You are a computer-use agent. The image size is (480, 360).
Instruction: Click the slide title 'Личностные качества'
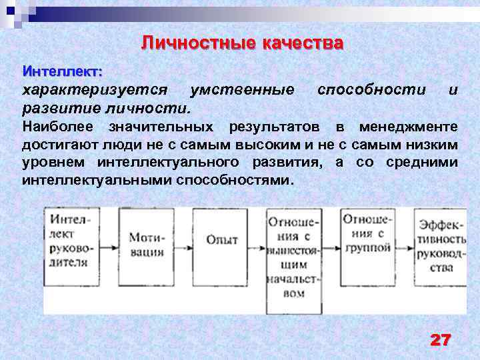coord(243,44)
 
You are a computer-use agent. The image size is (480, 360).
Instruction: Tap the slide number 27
coord(440,340)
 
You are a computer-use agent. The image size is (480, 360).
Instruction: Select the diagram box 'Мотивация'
coord(147,244)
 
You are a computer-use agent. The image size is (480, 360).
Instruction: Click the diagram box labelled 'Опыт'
coord(222,240)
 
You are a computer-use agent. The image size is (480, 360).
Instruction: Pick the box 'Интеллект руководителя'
coord(68,239)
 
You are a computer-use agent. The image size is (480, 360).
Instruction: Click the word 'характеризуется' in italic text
coord(94,90)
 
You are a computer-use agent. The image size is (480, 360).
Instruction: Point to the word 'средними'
coord(426,163)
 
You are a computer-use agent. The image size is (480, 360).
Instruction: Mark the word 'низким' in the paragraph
coord(433,145)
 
